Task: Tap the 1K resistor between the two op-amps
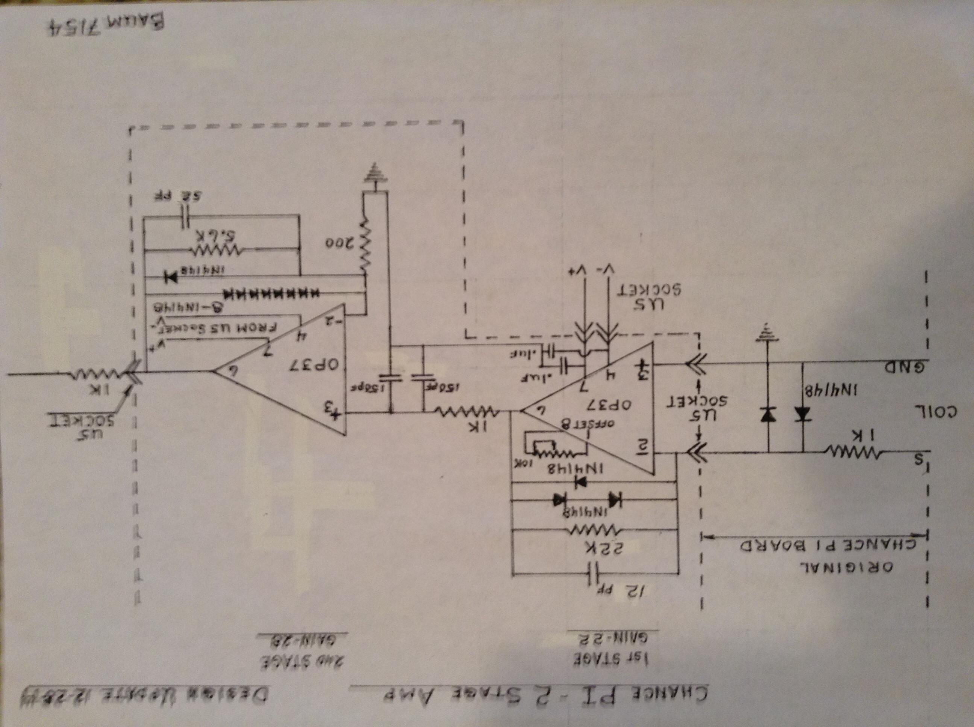(x=467, y=413)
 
